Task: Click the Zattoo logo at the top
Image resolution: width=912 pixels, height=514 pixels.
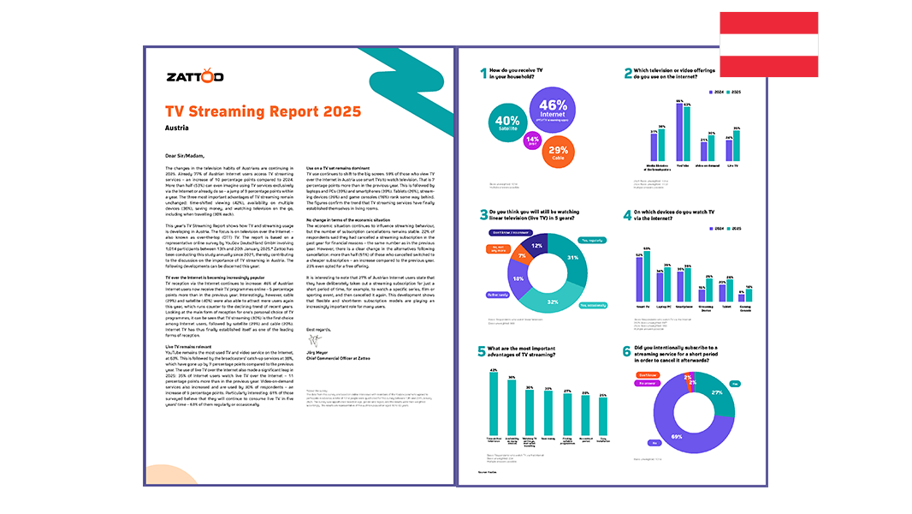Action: click(x=194, y=77)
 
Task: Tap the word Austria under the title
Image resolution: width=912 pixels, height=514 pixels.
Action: click(x=177, y=128)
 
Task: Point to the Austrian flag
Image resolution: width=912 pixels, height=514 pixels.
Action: click(x=768, y=44)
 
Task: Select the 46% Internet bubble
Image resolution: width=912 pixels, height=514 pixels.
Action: click(x=554, y=111)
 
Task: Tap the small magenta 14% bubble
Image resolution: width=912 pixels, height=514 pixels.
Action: click(x=532, y=140)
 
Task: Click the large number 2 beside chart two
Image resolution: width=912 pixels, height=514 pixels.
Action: click(x=628, y=74)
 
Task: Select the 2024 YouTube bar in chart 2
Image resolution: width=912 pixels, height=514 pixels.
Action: click(x=679, y=133)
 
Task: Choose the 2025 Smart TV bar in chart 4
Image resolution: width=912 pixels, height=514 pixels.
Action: click(x=647, y=275)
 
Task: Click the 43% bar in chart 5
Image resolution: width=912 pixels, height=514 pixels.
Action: click(x=493, y=403)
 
